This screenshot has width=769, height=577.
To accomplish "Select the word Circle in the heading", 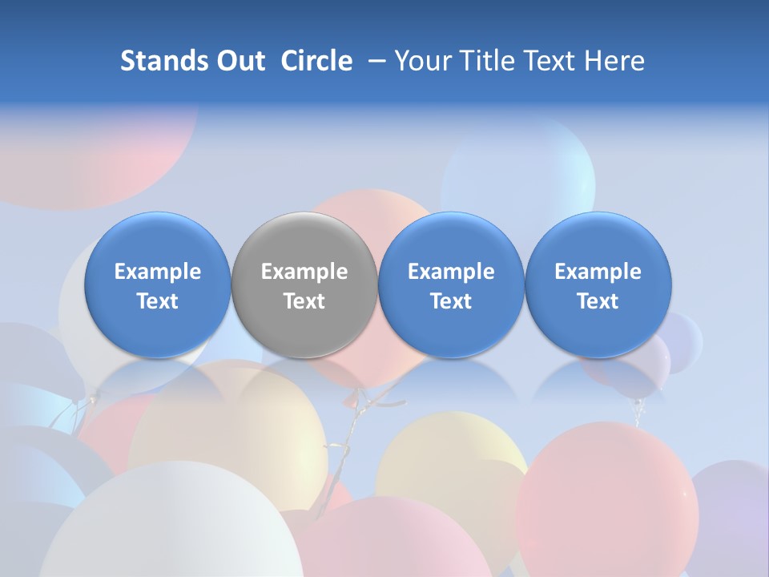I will coord(316,61).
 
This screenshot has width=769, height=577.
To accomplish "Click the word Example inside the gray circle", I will coord(304,272).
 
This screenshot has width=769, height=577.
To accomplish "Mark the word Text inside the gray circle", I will coord(304,301).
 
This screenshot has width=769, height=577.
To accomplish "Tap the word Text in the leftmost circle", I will coord(157,301).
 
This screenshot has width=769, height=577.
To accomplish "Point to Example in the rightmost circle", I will coord(598,272).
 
